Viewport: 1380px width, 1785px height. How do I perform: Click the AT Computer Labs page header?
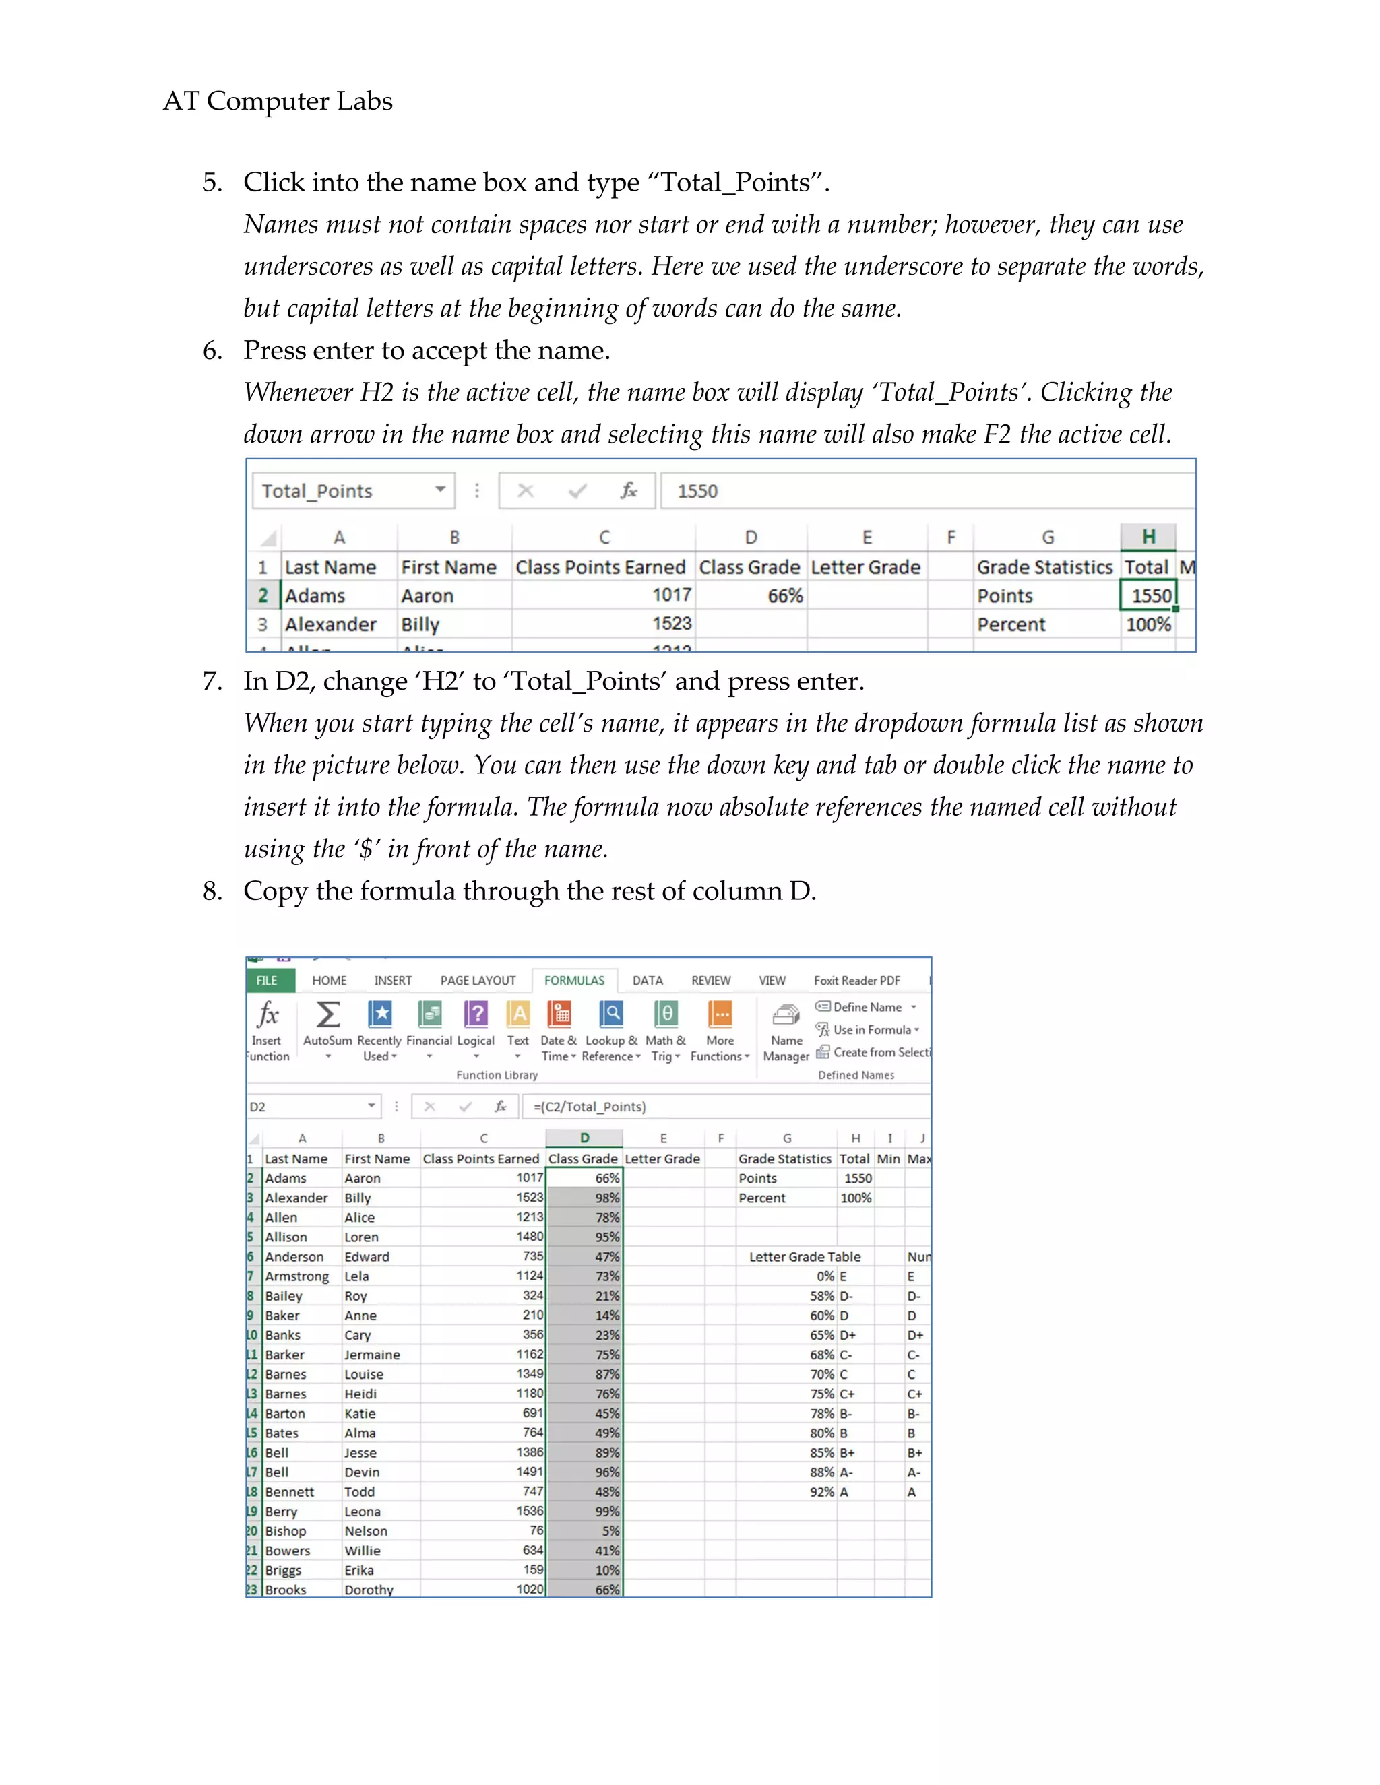coord(278,101)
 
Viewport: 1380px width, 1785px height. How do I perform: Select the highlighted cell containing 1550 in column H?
coord(1148,596)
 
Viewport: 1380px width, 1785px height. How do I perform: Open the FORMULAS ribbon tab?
coord(574,981)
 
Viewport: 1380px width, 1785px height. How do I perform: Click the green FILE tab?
coord(268,981)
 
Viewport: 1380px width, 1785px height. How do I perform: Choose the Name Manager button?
coord(786,1031)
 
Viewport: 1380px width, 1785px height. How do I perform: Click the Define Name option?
coord(867,1007)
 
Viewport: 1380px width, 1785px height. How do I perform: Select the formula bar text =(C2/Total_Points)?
coord(590,1107)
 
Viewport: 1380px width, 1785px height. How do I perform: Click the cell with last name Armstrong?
coord(296,1276)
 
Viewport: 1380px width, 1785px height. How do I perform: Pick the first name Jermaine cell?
coord(372,1355)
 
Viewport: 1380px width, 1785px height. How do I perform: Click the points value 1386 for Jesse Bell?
coord(530,1452)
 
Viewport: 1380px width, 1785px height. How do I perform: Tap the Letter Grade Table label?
coord(805,1257)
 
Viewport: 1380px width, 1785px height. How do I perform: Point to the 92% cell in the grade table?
coord(821,1493)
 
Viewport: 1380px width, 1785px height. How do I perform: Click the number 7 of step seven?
coord(211,682)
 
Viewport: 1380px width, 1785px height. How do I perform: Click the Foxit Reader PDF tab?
coord(857,981)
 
